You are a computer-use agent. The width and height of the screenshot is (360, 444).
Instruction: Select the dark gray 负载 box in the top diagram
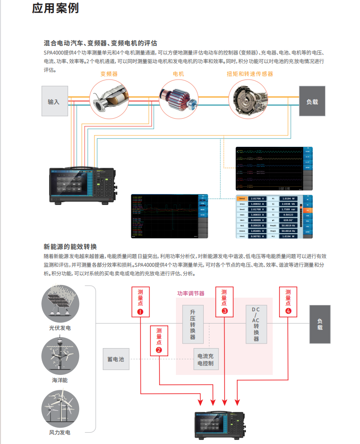[312, 101]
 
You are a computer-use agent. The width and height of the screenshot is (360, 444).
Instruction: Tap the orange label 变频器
[109, 74]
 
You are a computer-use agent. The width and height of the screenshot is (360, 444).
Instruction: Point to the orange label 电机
[178, 74]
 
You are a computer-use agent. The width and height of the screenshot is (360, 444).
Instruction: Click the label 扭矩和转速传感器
[250, 74]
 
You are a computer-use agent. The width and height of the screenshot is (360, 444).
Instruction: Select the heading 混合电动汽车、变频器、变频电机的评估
[100, 44]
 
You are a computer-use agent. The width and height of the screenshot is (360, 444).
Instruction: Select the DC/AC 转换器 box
[256, 324]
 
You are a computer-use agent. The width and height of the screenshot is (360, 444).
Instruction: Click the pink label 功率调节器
[191, 294]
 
